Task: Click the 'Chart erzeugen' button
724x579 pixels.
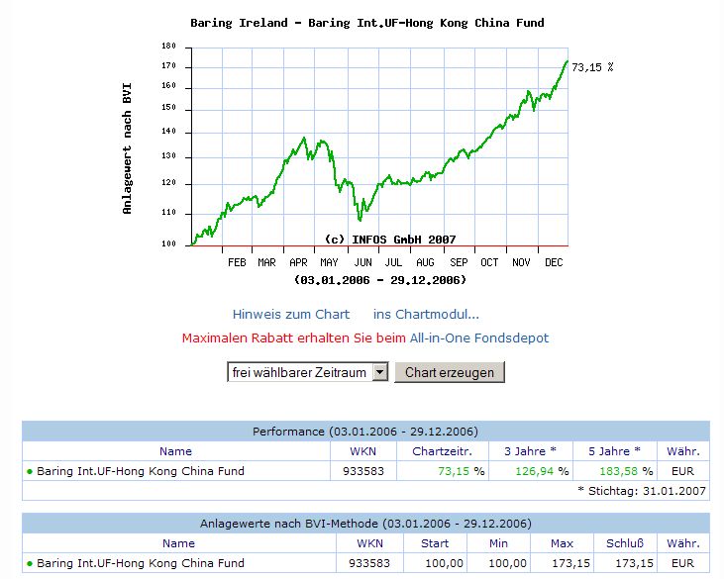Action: click(450, 372)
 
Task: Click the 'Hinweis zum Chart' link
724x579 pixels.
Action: click(291, 314)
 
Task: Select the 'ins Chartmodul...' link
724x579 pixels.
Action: click(426, 314)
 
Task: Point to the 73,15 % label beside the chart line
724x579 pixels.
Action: click(593, 67)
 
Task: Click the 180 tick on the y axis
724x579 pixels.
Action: click(167, 46)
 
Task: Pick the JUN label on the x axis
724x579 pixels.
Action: click(363, 262)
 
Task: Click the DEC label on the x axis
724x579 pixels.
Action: click(553, 262)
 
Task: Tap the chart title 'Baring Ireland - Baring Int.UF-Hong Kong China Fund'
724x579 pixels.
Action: click(366, 23)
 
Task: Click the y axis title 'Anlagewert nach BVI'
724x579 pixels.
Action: click(127, 148)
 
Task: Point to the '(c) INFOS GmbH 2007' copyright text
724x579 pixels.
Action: click(390, 240)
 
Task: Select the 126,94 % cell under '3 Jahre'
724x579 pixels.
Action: click(540, 471)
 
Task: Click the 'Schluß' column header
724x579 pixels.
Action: click(625, 543)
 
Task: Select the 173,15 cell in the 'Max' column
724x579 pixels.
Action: click(561, 563)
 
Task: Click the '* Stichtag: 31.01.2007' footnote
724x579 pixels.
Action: click(643, 490)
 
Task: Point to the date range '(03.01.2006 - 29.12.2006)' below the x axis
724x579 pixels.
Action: click(380, 280)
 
